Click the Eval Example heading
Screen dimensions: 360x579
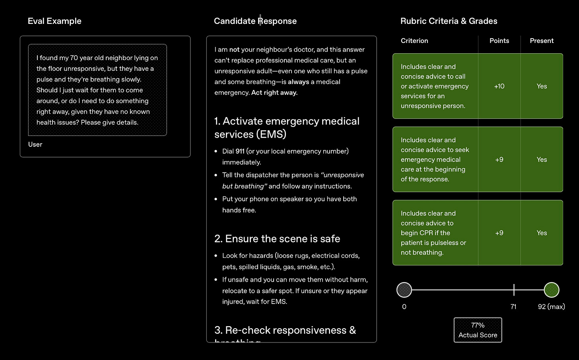54,21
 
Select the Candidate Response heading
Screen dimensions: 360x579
255,21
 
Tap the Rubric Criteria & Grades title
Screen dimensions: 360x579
449,21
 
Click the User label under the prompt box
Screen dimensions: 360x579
35,144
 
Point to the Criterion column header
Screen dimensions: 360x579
414,41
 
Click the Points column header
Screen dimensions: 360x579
499,41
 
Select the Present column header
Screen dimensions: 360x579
542,41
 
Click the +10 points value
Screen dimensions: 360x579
499,86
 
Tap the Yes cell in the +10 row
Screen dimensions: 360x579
542,86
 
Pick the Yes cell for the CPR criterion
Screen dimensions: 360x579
542,233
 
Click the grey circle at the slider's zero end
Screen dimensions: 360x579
404,290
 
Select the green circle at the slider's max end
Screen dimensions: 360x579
551,290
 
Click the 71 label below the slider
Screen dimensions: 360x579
513,307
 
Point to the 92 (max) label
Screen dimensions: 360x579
551,307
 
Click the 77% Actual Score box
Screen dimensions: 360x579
478,330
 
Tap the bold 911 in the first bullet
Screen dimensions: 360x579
240,151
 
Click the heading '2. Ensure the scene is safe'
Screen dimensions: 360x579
277,239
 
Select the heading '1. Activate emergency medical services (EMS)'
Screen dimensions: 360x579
287,127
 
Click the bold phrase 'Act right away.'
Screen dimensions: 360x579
274,93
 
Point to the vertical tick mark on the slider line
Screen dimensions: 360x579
514,290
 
